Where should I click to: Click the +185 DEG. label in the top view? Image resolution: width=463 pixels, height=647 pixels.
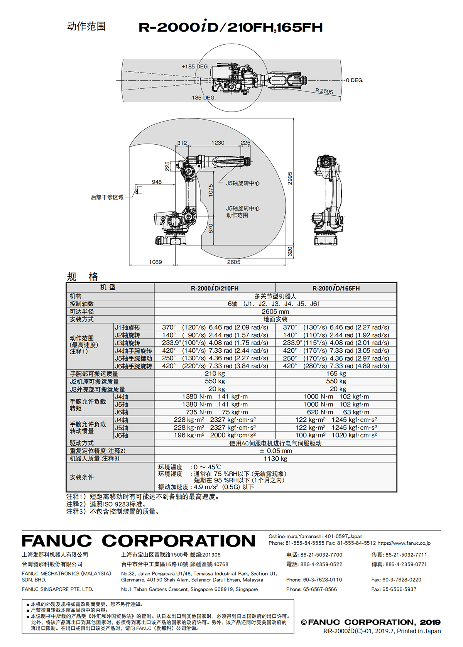(x=195, y=66)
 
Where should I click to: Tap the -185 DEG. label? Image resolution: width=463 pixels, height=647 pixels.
(x=203, y=98)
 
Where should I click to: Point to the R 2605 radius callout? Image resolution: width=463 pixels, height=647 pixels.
(x=324, y=91)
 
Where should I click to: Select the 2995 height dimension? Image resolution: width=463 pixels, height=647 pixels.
(x=290, y=178)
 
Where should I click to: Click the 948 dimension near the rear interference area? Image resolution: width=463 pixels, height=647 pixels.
(x=157, y=182)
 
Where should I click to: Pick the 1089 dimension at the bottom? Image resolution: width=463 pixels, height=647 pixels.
(x=155, y=262)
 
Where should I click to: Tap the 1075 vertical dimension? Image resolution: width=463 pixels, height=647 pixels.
(x=211, y=190)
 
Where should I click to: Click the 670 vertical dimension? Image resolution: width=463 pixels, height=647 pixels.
(x=211, y=228)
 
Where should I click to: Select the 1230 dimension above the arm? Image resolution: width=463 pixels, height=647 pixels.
(x=218, y=143)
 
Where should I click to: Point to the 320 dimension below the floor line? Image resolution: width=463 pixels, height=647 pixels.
(x=290, y=251)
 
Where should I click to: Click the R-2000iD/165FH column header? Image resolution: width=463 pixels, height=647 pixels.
(x=336, y=288)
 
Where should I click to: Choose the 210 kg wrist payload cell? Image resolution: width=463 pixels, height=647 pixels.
(x=215, y=373)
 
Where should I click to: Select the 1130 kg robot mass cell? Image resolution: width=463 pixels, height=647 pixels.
(x=275, y=458)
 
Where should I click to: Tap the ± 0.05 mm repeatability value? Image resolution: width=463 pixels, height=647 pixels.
(x=275, y=451)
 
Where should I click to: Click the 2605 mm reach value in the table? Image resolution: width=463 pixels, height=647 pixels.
(x=275, y=311)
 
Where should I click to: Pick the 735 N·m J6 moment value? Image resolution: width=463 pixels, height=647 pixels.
(x=199, y=412)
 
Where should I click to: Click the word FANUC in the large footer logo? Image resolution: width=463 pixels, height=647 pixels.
(x=57, y=541)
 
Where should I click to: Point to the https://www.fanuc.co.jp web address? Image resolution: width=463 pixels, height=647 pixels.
(x=404, y=543)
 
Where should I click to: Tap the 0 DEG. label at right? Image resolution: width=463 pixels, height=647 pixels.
(x=355, y=80)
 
